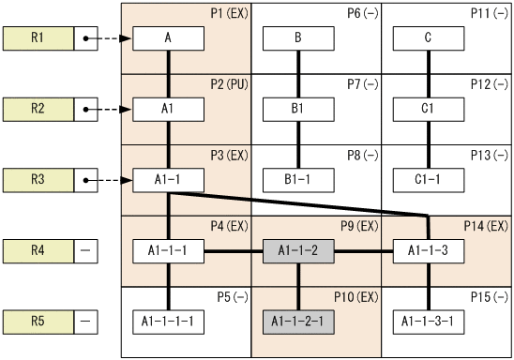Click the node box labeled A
(x=168, y=38)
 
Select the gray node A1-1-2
(x=298, y=250)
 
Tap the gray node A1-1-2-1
(x=298, y=321)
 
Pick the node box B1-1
(x=298, y=178)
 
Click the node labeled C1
(x=429, y=109)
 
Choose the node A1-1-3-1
(x=429, y=321)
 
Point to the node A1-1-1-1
(x=168, y=321)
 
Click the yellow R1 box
(x=38, y=38)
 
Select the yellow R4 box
(x=38, y=250)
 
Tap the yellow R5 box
(x=38, y=321)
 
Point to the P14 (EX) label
(x=486, y=226)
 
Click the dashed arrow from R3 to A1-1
(x=109, y=178)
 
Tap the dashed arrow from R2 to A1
(x=109, y=109)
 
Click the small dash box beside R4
(x=85, y=250)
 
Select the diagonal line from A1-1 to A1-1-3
(x=300, y=203)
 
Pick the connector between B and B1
(x=298, y=74)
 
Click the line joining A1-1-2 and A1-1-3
(x=363, y=250)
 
